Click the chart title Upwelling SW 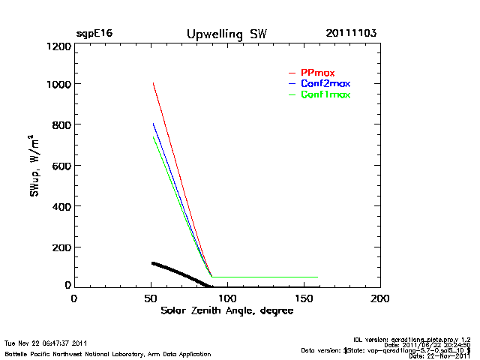pyautogui.click(x=226, y=34)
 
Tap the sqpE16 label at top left pyautogui.click(x=94, y=34)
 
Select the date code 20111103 pyautogui.click(x=351, y=34)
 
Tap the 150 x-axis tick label pyautogui.click(x=303, y=298)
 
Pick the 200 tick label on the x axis pyautogui.click(x=380, y=298)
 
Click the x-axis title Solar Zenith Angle pyautogui.click(x=226, y=310)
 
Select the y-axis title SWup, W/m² pyautogui.click(x=34, y=166)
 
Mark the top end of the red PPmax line pyautogui.click(x=153, y=83)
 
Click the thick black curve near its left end pyautogui.click(x=154, y=263)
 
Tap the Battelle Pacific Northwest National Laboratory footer pyautogui.click(x=107, y=353)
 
